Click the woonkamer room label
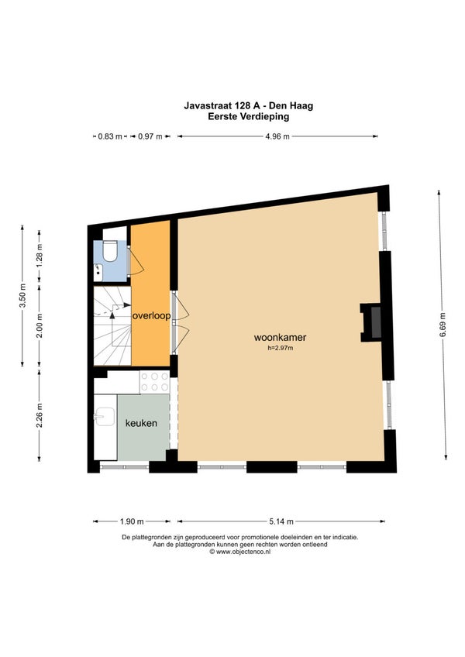[280, 337]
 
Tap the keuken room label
[141, 423]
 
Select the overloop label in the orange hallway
[151, 316]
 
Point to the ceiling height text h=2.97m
[280, 348]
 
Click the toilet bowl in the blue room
[110, 250]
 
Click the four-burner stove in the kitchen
[155, 382]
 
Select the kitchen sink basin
[105, 417]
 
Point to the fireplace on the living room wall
[371, 322]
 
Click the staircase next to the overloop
[112, 325]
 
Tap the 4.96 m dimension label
[277, 136]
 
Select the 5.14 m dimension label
[281, 521]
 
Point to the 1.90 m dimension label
[132, 521]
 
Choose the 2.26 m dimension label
[40, 415]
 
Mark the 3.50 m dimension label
[22, 296]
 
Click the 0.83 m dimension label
[110, 136]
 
